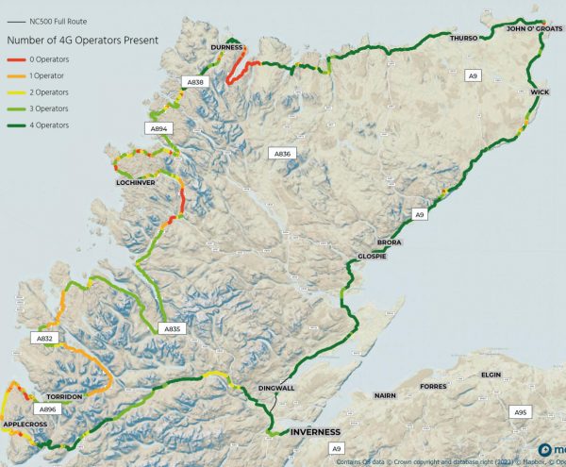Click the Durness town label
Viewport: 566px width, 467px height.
[x=227, y=47]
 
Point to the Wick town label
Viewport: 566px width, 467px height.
[x=540, y=92]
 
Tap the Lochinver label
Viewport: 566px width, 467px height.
[x=135, y=181]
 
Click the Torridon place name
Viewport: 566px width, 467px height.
[x=64, y=397]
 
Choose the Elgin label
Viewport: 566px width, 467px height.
[x=491, y=375]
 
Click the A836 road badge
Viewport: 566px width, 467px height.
[x=281, y=153]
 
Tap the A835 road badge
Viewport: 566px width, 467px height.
[x=171, y=328]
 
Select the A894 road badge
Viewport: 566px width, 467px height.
[x=158, y=128]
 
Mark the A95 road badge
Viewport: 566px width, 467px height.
[x=520, y=412]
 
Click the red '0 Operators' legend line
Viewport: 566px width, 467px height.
[x=14, y=58]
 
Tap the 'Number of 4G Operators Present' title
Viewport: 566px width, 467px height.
[x=82, y=40]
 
